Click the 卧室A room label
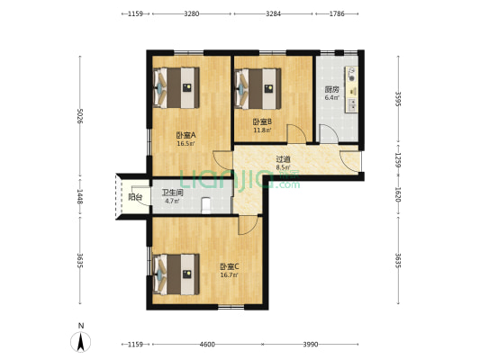point(186,135)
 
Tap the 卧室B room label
point(262,122)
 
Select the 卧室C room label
point(230,266)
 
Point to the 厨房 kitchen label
point(332,90)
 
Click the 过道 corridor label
point(283,159)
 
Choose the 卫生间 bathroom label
point(172,193)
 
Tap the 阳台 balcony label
point(135,197)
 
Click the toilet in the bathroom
point(206,205)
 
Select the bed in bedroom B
point(258,89)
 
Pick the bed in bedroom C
point(176,274)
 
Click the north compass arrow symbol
point(81,341)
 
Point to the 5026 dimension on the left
point(80,116)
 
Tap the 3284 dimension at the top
point(273,13)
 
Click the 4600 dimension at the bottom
point(207,345)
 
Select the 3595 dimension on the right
point(398,99)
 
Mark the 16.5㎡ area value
point(186,143)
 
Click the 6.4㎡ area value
point(332,98)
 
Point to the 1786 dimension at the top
point(337,13)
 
